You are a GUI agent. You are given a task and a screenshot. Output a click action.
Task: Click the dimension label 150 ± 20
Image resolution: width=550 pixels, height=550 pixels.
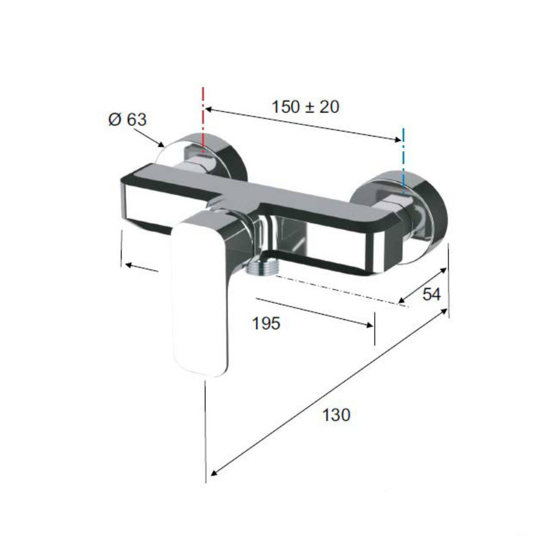pos(305,106)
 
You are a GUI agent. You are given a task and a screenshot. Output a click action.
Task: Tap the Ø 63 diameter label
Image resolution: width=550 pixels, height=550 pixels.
pos(127,119)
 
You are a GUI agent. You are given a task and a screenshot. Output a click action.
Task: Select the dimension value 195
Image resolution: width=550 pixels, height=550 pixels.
pos(266,323)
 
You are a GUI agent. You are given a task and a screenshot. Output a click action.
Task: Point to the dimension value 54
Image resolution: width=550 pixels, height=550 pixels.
pos(431,294)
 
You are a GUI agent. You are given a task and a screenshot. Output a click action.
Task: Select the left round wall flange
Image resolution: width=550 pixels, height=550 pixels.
pos(232,153)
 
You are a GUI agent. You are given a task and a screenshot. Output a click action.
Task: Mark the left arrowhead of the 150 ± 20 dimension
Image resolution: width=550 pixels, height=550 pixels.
pos(208,110)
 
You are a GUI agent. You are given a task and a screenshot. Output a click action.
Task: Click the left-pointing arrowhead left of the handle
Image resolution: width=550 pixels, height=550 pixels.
pos(128,265)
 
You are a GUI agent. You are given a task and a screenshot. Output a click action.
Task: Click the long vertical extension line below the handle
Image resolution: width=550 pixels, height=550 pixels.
pos(207,428)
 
